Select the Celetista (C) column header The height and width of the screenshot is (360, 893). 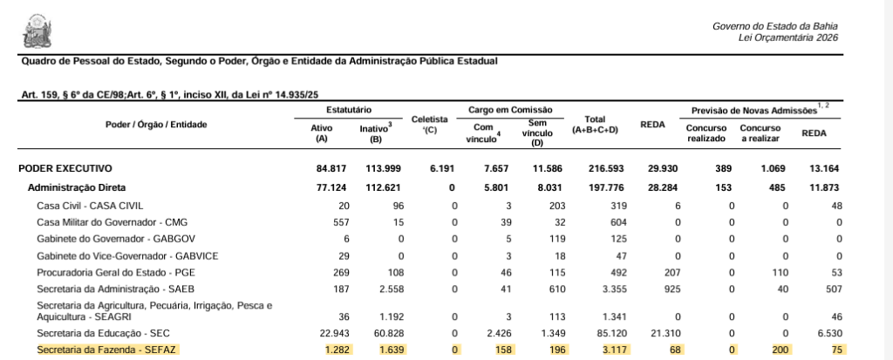click(x=429, y=124)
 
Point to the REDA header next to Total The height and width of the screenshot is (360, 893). click(x=653, y=125)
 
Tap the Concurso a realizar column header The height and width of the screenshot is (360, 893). click(x=760, y=132)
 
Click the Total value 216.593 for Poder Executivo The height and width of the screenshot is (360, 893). click(x=601, y=168)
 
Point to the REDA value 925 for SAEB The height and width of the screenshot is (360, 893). click(x=671, y=289)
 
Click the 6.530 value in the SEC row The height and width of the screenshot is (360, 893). click(x=828, y=333)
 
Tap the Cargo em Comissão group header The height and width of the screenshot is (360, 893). click(x=509, y=110)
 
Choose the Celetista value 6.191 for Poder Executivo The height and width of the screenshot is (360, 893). click(x=442, y=168)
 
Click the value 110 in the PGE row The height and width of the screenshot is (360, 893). click(x=781, y=272)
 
